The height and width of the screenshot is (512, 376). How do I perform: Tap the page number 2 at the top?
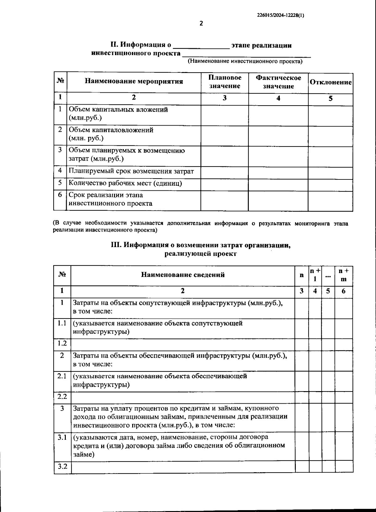point(201,23)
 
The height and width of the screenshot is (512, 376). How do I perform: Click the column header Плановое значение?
point(225,82)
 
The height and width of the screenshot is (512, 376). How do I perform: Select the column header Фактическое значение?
point(278,82)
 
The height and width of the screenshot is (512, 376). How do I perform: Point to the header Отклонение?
point(331,82)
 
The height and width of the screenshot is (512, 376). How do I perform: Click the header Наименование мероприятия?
point(134,81)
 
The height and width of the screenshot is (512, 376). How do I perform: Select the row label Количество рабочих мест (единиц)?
point(125,183)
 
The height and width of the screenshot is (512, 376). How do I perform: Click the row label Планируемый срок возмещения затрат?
point(131,171)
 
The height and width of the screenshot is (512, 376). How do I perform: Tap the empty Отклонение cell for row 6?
point(330,200)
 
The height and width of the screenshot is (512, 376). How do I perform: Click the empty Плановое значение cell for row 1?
point(225,115)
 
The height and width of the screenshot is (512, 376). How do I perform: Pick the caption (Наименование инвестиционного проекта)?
point(245,61)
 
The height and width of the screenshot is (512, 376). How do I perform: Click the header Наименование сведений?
point(183,275)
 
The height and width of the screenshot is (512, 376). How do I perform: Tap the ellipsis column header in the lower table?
point(328,276)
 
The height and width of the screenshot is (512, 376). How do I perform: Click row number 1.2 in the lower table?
point(62,343)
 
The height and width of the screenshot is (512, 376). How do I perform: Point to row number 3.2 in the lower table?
point(62,466)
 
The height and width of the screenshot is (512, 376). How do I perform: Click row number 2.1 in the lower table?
point(62,376)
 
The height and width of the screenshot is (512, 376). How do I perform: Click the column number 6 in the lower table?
point(343,291)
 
